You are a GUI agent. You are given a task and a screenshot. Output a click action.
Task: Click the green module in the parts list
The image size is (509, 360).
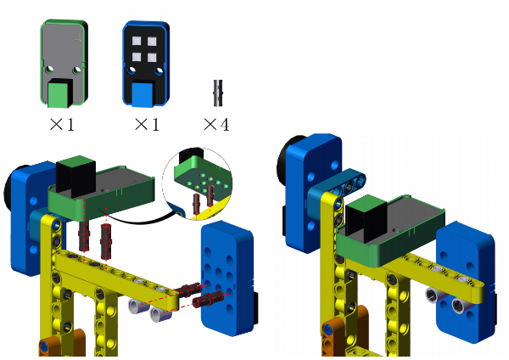pyautogui.click(x=64, y=64)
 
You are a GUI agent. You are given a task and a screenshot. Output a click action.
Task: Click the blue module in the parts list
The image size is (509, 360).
pyautogui.click(x=146, y=64)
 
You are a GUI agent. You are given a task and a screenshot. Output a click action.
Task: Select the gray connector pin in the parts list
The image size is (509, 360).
pyautogui.click(x=218, y=93)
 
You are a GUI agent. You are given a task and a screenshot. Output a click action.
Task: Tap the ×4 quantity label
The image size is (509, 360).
pyautogui.click(x=216, y=124)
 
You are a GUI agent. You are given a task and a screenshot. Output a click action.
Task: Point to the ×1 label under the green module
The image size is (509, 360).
pyautogui.click(x=62, y=124)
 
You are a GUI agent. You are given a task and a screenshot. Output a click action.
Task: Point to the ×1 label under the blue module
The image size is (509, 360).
pyautogui.click(x=147, y=124)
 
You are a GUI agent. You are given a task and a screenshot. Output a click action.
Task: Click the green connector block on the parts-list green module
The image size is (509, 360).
pyautogui.click(x=59, y=93)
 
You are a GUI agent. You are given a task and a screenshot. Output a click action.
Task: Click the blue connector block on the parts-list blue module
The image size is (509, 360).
pyautogui.click(x=143, y=93)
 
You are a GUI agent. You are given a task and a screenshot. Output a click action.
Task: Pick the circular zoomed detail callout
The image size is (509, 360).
pyautogui.click(x=197, y=183)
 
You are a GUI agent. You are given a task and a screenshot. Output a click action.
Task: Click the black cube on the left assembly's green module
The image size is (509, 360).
pyautogui.click(x=76, y=178)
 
